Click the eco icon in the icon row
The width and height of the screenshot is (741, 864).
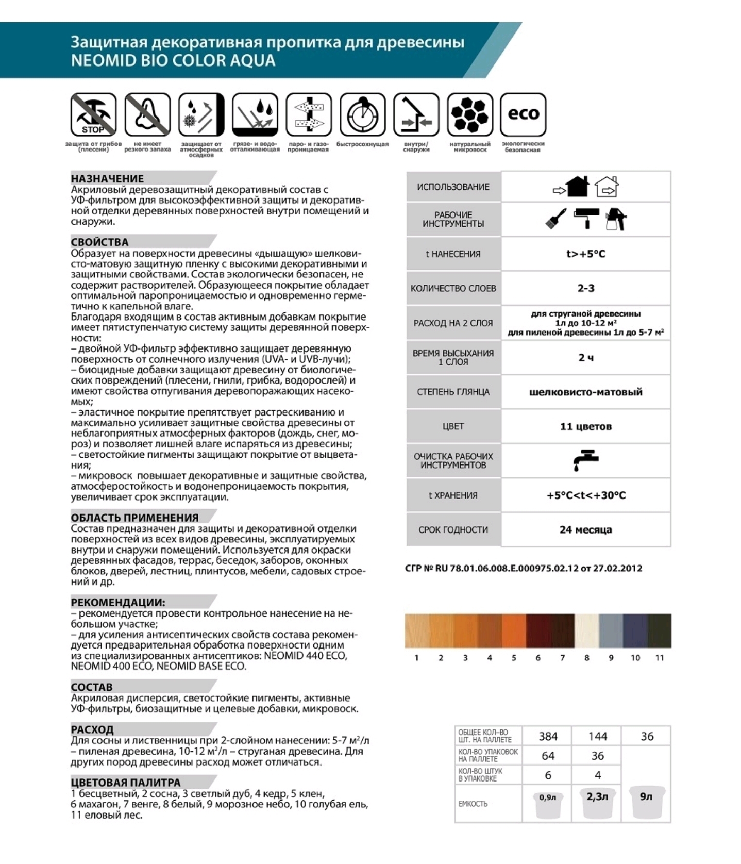(523, 114)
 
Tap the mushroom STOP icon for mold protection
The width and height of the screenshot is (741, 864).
(93, 114)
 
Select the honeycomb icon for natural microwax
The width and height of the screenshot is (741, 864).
(469, 114)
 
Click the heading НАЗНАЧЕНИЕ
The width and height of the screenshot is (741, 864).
(107, 178)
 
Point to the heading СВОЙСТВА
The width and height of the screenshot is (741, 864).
(99, 242)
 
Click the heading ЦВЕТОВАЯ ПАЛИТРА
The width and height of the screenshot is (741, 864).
(126, 782)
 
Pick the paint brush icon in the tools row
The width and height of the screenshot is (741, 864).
(556, 219)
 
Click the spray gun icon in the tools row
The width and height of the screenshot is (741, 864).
(616, 219)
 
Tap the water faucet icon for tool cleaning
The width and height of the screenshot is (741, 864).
(585, 460)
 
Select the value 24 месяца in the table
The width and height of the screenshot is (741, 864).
(585, 529)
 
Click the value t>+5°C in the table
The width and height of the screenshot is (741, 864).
(585, 254)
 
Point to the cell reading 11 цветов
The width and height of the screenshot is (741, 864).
(585, 426)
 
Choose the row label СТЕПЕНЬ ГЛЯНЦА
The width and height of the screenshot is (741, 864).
(453, 392)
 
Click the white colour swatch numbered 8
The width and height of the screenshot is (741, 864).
(587, 630)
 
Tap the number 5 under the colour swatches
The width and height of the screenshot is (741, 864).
(514, 658)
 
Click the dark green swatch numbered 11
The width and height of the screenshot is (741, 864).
(660, 630)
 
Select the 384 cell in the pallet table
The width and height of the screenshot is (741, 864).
(548, 736)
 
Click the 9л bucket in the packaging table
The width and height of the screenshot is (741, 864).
(646, 802)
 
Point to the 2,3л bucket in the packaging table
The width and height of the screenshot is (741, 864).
(597, 802)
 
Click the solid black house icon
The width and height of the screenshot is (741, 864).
(577, 187)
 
